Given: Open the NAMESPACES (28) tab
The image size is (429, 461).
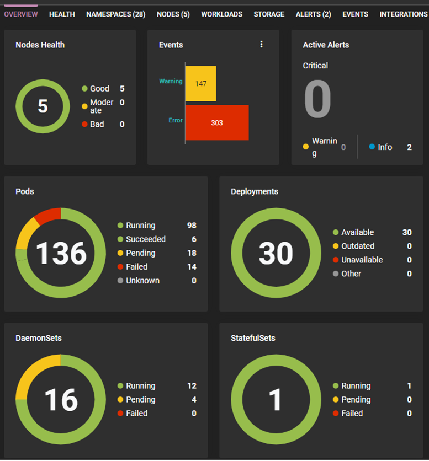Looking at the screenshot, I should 115,14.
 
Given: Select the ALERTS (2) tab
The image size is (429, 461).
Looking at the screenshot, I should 313,14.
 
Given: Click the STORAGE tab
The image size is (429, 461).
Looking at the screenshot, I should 269,14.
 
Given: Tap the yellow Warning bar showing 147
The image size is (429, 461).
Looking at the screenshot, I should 200,83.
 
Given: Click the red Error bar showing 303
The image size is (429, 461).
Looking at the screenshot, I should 217,122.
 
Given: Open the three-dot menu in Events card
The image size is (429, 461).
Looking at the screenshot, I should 262,45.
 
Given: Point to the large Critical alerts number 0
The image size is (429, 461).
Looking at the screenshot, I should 317,100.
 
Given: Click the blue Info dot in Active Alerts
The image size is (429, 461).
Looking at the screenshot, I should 372,147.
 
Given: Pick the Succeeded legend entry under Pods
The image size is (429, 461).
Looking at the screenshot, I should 145,239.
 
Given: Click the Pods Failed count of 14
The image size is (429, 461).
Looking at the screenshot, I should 192,267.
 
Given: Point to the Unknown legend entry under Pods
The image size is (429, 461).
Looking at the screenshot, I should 142,281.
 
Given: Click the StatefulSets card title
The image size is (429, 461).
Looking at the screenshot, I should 253,338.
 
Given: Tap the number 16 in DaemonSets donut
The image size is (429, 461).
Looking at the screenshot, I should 61,400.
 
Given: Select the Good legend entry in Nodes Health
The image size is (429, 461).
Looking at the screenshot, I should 99,89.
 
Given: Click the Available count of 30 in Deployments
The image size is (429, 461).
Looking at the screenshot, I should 407,232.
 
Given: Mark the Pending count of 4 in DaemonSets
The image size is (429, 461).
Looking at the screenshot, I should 194,400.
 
